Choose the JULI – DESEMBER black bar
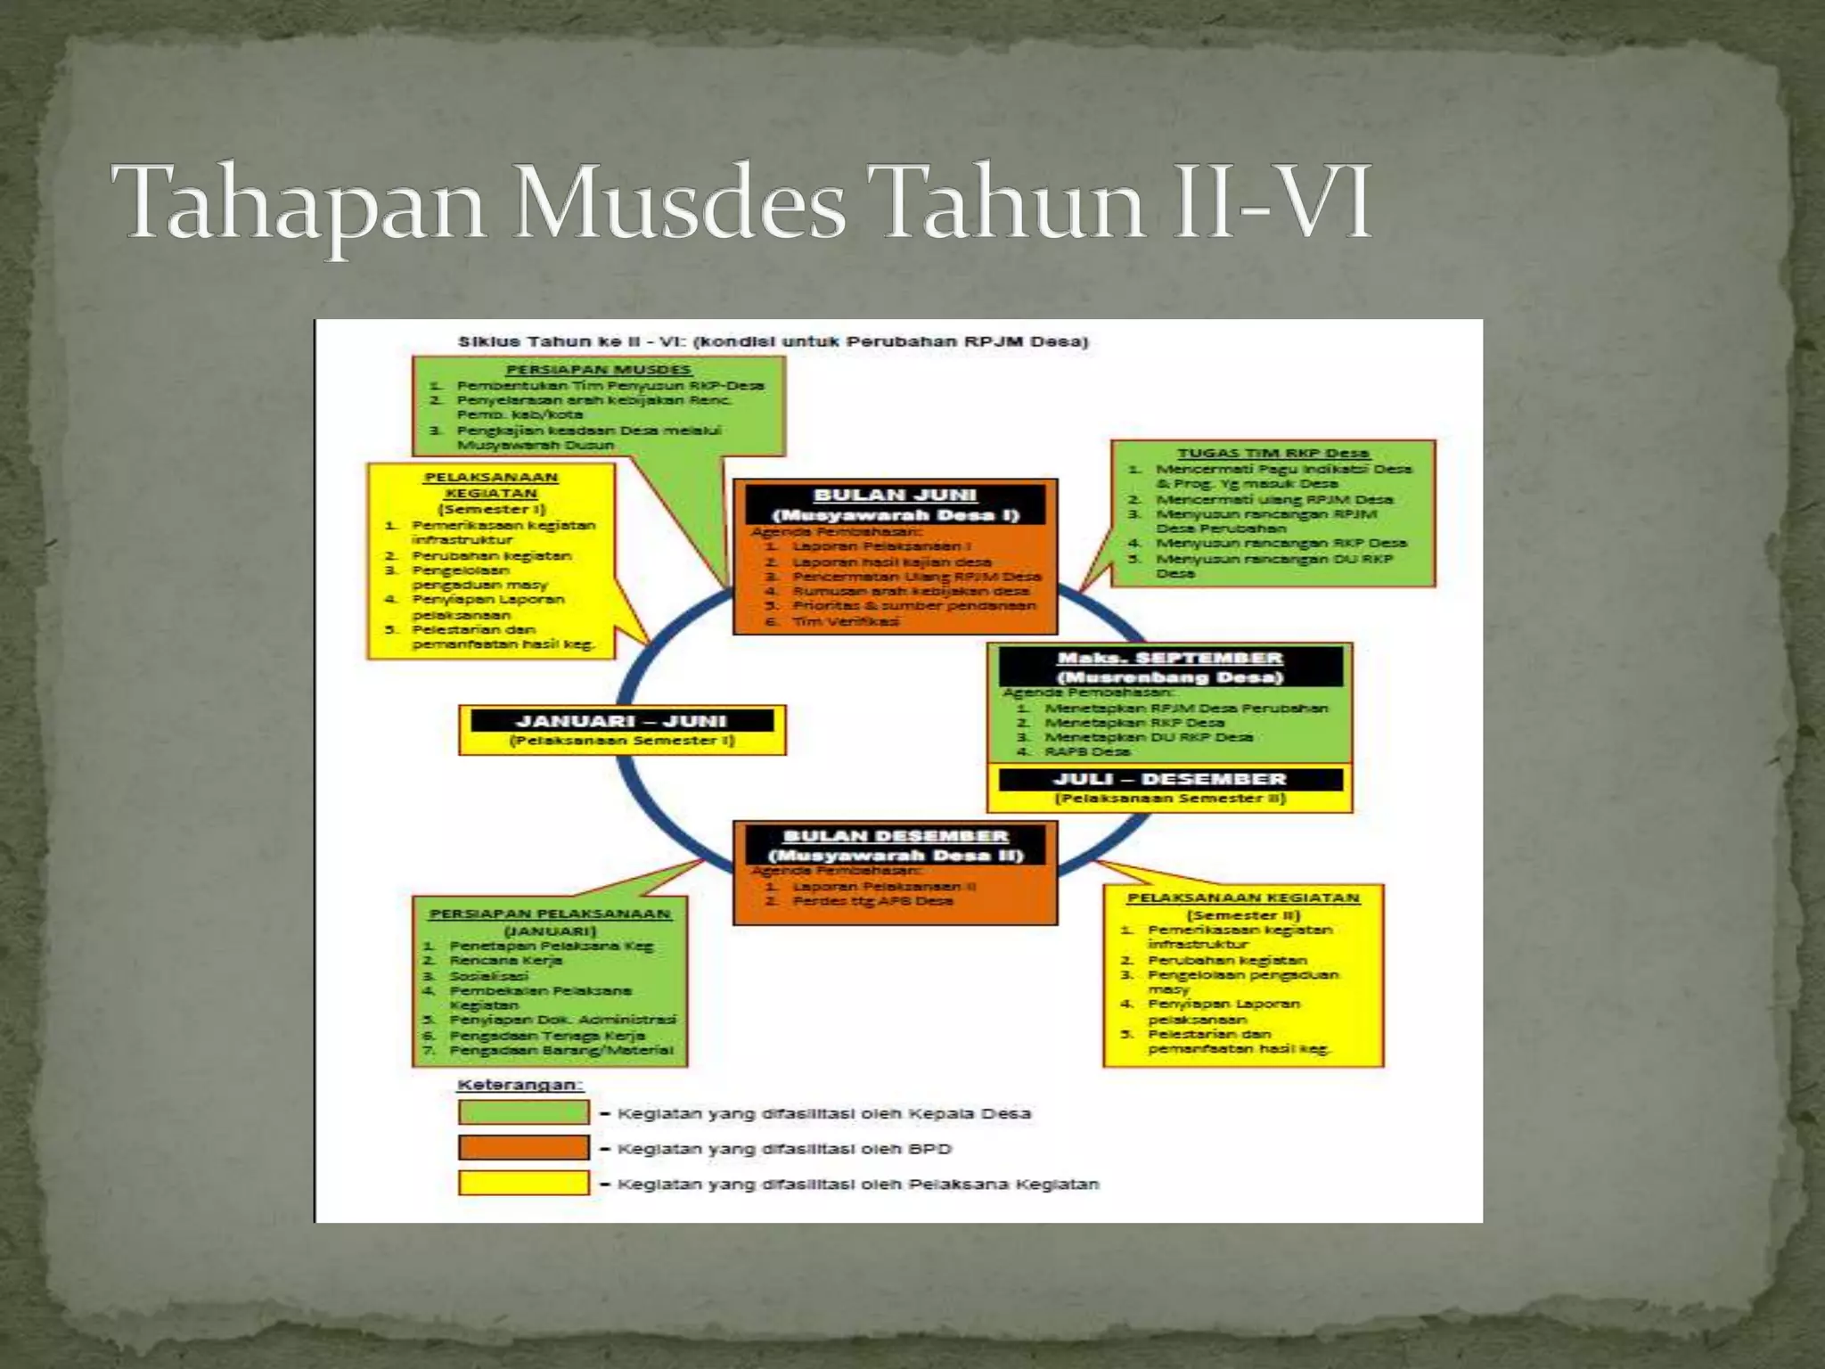click(x=1170, y=779)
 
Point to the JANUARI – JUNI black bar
click(x=621, y=721)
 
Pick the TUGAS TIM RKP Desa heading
click(x=1273, y=454)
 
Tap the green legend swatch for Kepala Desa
click(x=523, y=1112)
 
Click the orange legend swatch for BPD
click(x=523, y=1148)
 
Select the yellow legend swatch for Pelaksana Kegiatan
click(x=523, y=1184)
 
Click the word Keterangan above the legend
click(x=520, y=1085)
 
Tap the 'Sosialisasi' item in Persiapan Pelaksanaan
click(x=488, y=976)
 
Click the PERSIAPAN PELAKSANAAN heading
click(x=550, y=914)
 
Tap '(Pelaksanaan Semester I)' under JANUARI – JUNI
click(x=621, y=741)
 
